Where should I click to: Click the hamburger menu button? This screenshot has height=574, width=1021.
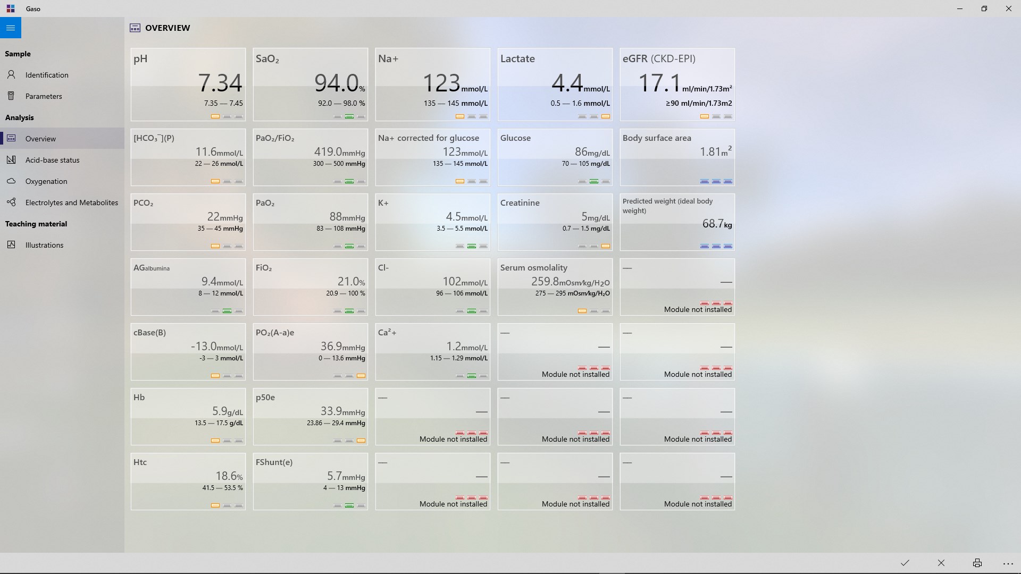[11, 28]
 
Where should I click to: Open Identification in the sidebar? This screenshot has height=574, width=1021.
[47, 75]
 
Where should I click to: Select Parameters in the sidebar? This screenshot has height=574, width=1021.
[44, 96]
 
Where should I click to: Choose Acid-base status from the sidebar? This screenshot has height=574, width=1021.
[52, 160]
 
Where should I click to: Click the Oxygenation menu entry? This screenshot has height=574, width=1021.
[46, 181]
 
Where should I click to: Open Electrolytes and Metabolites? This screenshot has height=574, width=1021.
[71, 202]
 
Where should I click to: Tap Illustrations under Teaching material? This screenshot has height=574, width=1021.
[44, 245]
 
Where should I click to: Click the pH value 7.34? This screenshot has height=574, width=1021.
[220, 83]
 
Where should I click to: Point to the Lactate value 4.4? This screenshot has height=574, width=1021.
[567, 83]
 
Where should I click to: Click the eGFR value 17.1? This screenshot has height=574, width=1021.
[659, 83]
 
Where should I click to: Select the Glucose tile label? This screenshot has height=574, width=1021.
[515, 138]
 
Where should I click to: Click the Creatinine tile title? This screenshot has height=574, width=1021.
[520, 203]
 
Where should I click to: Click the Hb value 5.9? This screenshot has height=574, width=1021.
[220, 411]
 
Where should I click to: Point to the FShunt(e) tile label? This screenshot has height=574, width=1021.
[274, 462]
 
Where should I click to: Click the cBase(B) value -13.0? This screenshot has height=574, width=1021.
[204, 347]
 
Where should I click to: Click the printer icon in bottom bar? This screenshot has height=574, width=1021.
[977, 563]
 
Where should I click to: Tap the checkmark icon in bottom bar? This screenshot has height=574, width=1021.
[905, 563]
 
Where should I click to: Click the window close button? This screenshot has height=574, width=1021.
[1008, 9]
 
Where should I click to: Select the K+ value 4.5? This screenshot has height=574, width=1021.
[453, 217]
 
